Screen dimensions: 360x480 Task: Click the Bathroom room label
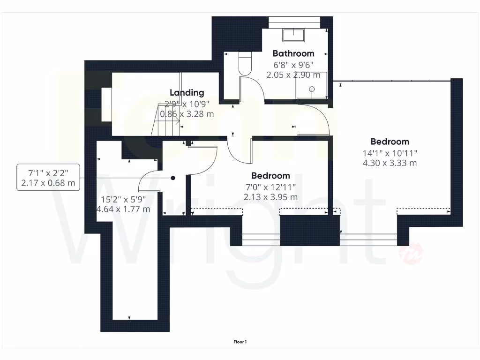293,53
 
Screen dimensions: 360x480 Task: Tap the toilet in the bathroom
245,63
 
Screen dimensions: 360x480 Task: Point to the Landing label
187,93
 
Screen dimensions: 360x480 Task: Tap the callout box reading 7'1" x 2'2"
48,177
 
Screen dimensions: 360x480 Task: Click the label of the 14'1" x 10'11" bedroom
390,142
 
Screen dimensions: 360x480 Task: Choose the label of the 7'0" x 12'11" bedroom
270,176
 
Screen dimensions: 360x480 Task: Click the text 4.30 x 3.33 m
390,163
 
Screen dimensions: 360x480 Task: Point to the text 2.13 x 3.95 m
270,197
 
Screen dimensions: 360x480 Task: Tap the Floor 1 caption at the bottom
240,342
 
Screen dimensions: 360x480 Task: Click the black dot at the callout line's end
173,178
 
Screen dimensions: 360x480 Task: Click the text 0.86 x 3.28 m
187,114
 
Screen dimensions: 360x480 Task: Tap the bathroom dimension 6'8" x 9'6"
293,65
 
